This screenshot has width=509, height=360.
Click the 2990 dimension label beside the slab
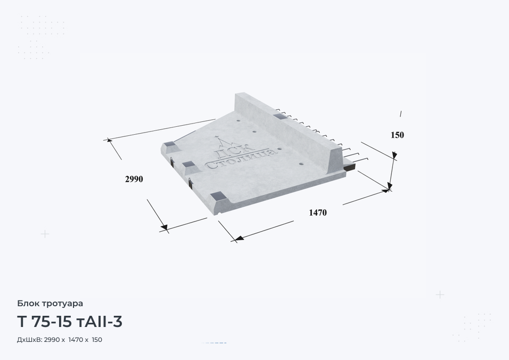click(x=134, y=179)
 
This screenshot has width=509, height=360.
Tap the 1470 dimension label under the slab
click(x=318, y=212)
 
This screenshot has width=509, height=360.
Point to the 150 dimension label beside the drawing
click(x=397, y=135)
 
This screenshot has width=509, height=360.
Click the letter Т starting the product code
click(x=21, y=322)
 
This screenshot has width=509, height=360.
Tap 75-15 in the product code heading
click(x=52, y=322)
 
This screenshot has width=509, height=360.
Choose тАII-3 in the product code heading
click(x=100, y=322)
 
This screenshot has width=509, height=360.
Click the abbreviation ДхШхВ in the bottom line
click(x=29, y=340)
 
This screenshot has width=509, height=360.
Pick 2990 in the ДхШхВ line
click(x=52, y=340)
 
